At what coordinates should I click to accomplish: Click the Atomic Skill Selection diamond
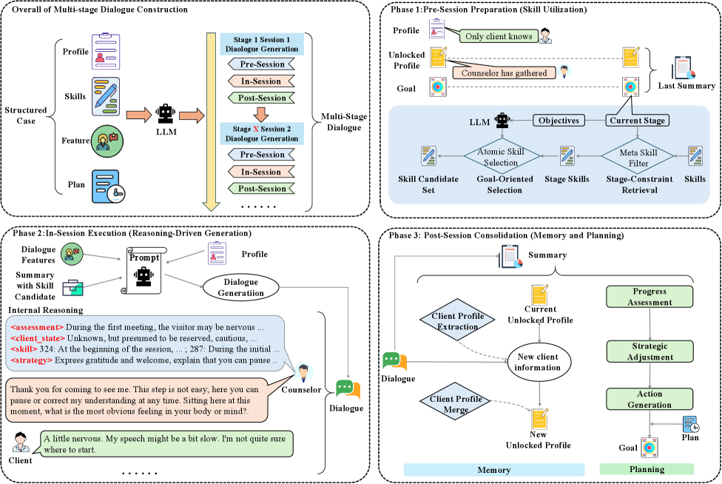504,156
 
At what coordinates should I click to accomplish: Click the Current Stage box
637,119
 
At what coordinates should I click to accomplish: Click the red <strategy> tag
31,360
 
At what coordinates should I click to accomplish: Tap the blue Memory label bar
493,469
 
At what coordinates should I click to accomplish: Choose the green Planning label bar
647,469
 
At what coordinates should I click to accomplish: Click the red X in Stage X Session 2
256,129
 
